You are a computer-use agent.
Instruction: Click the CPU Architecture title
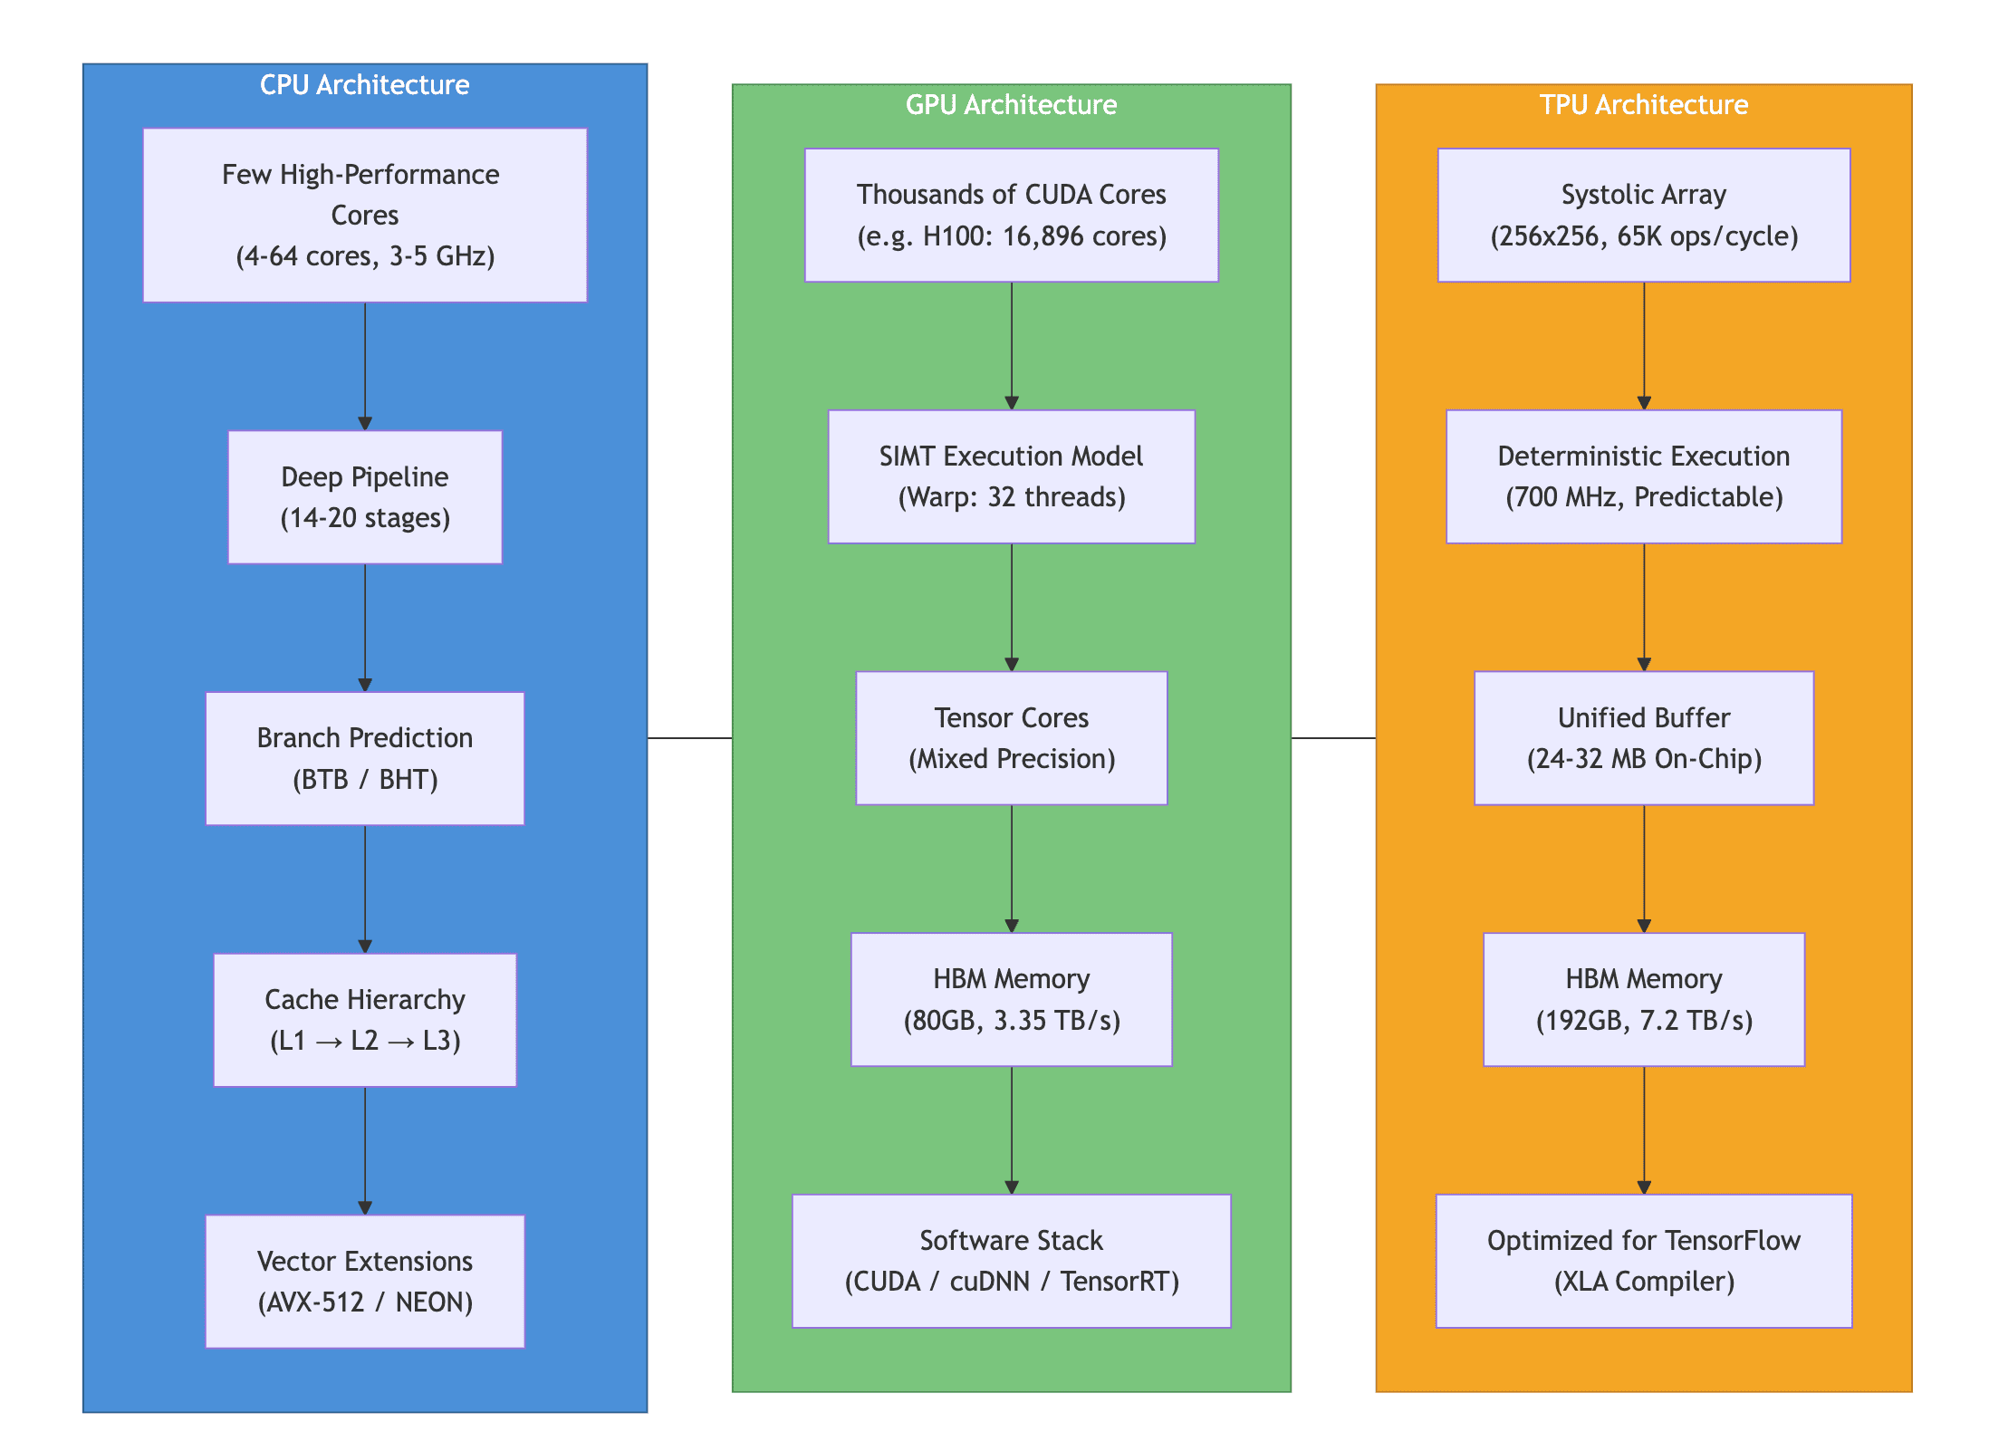tap(364, 84)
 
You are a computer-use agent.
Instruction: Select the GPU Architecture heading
tap(1011, 104)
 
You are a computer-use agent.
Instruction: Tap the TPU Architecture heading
tap(1643, 104)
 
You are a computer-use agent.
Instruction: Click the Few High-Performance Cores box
tap(365, 215)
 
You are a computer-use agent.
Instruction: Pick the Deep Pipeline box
tap(365, 497)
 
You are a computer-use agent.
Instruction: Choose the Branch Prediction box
tap(365, 758)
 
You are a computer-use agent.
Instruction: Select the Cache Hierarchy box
tap(365, 1020)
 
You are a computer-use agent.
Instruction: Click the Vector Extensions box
tap(365, 1282)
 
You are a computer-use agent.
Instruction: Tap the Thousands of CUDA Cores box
tap(1012, 215)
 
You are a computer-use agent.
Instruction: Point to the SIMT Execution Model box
tap(1012, 476)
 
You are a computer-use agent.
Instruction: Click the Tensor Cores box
tap(1012, 738)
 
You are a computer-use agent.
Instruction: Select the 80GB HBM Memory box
tap(1012, 999)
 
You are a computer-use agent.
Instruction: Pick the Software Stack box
tap(1012, 1261)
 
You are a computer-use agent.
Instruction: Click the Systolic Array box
tap(1644, 215)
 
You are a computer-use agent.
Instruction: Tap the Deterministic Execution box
tap(1644, 476)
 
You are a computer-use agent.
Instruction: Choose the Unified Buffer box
tap(1644, 738)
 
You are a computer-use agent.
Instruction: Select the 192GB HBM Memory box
tap(1644, 999)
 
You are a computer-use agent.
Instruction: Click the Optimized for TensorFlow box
tap(1644, 1261)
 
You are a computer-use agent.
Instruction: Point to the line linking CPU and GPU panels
tap(690, 738)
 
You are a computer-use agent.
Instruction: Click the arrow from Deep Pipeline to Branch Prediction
tap(365, 628)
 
